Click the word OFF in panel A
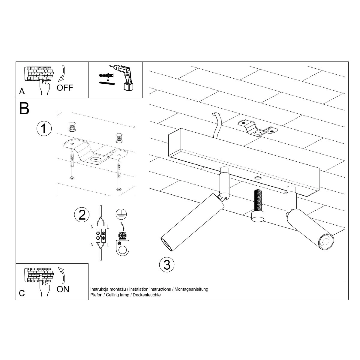(65, 88)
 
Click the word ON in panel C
(63, 289)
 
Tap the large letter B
(24, 109)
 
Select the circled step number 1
(44, 128)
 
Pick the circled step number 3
(167, 265)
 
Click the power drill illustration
(123, 77)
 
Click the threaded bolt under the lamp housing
(258, 206)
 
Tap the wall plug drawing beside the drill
(106, 76)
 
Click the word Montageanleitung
(191, 289)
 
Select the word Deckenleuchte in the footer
(147, 295)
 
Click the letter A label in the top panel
(22, 91)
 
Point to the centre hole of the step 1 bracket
(95, 160)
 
